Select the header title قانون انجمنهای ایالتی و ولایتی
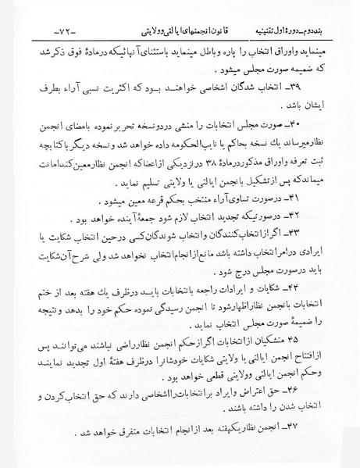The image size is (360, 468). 166,13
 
